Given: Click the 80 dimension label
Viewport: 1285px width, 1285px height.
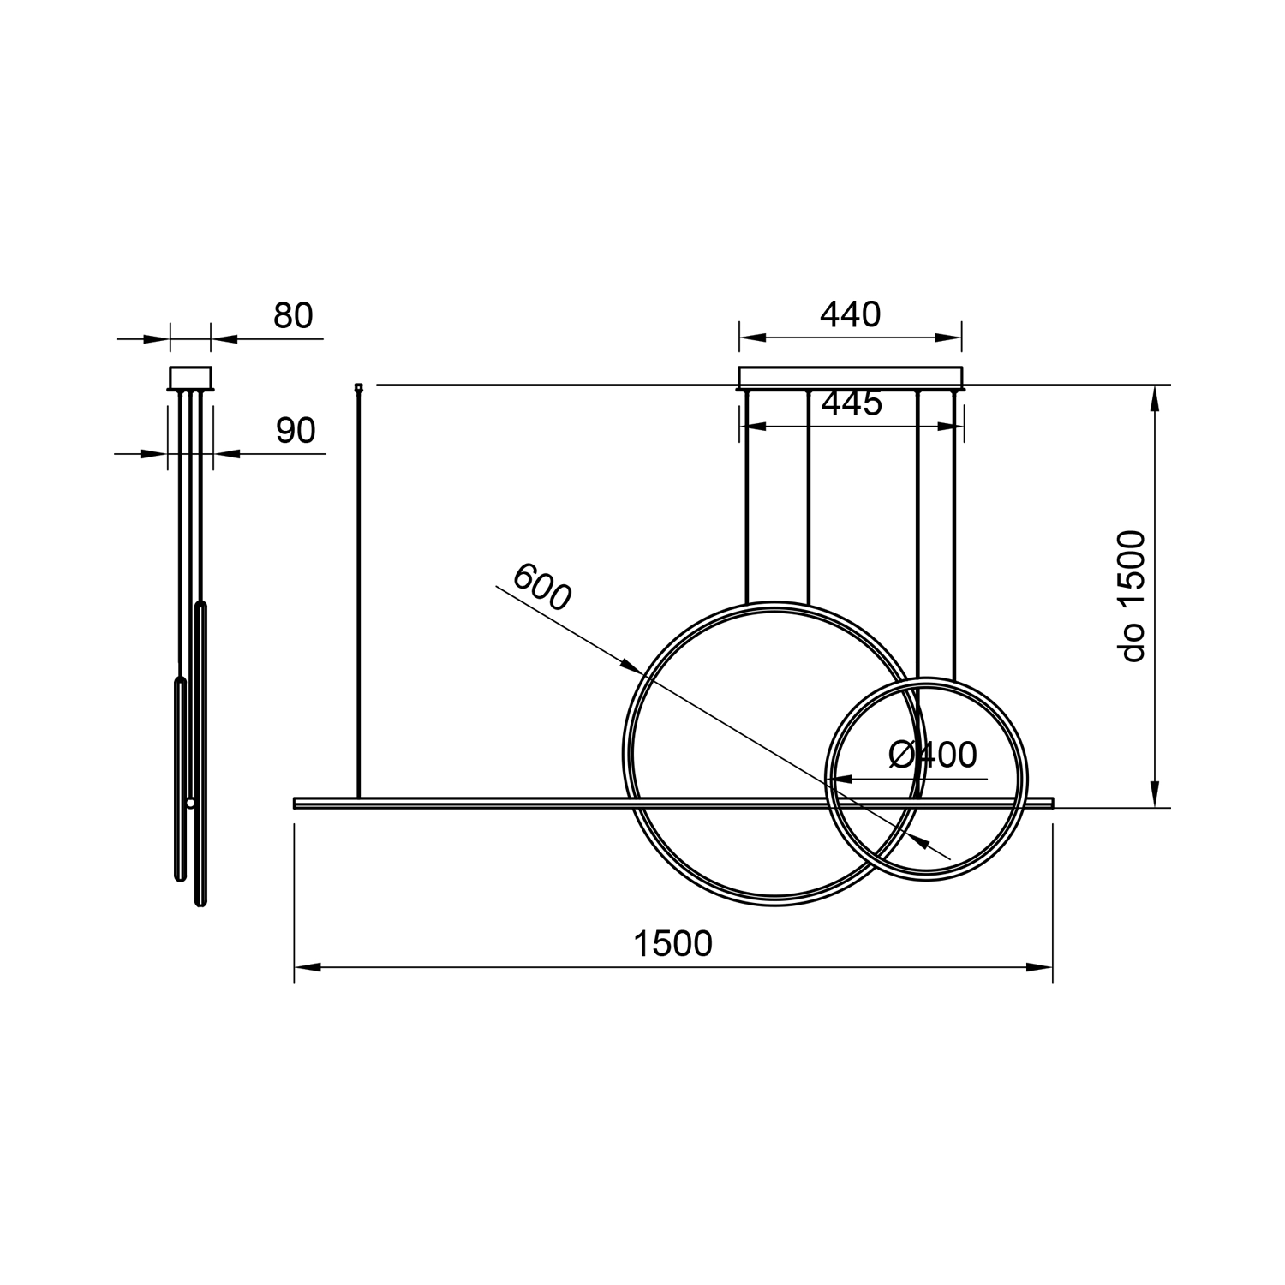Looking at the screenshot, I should (293, 316).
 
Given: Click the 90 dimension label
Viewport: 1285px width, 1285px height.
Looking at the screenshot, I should (296, 431).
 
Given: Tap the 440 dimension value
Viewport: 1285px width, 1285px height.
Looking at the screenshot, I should (850, 315).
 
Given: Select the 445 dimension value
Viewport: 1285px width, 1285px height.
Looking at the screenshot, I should (852, 403).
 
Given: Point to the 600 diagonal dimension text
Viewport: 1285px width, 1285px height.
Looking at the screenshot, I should (541, 588).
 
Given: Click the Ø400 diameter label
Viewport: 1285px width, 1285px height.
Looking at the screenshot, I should (933, 755).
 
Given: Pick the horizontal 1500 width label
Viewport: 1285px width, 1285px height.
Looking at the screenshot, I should (672, 944).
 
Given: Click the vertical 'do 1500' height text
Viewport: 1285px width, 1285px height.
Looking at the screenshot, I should (1133, 596).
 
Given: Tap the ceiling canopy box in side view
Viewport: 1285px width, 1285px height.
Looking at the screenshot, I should (190, 378).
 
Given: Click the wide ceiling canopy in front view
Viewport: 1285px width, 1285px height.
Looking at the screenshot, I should (850, 378).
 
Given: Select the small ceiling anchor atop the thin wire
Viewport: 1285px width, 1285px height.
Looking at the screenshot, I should (359, 387).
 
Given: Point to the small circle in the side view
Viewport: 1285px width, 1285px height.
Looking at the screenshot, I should (190, 803).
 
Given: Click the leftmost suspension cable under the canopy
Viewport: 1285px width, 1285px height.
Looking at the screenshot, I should (747, 497).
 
